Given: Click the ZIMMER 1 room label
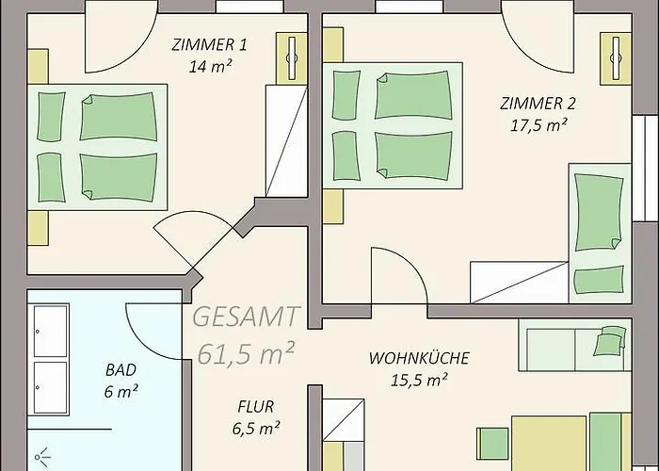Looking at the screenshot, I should tap(209, 44).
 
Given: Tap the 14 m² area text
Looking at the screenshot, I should tap(209, 65).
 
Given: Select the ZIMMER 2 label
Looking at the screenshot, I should tap(538, 104).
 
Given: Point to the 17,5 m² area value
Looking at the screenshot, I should tap(538, 124).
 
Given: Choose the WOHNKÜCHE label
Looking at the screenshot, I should tap(419, 359).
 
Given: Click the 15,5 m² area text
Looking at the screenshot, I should tap(419, 381).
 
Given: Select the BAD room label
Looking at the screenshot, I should tap(119, 370).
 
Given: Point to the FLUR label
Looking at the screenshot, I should tap(256, 407).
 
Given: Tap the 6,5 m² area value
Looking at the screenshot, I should tap(256, 429).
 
